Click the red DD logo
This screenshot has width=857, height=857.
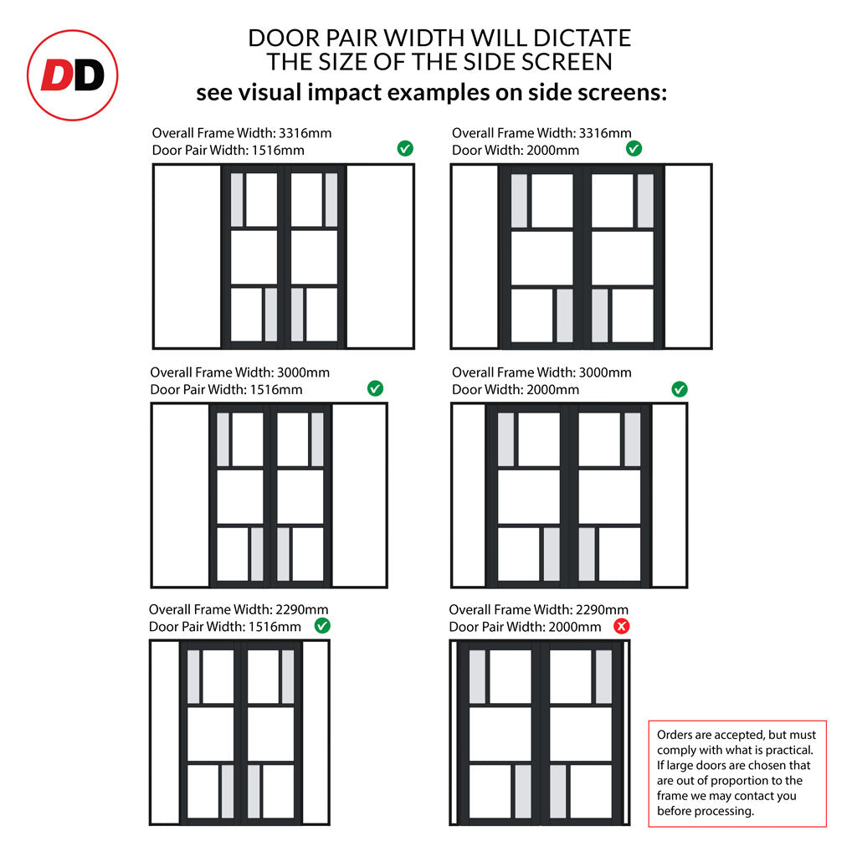[73, 75]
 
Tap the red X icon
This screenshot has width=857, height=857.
[622, 626]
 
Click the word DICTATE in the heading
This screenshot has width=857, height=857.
[582, 38]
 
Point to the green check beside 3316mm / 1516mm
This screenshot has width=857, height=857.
[405, 148]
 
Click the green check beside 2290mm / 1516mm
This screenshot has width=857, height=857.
[322, 626]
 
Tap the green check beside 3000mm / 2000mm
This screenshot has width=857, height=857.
[680, 389]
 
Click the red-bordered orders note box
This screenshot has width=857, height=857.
[737, 773]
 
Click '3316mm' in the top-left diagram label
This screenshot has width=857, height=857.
[305, 133]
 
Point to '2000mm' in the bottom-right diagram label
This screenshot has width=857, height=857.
[574, 626]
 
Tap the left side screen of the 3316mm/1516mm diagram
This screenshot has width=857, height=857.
[187, 256]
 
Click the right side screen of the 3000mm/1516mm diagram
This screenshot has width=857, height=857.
[358, 495]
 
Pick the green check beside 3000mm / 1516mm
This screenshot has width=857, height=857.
[375, 388]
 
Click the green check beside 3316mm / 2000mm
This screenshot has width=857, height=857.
[634, 148]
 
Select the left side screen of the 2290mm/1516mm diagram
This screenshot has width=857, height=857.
[166, 732]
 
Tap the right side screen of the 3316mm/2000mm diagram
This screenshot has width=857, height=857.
[688, 256]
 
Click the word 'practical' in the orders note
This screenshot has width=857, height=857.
[789, 750]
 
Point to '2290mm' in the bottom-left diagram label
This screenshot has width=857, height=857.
[301, 609]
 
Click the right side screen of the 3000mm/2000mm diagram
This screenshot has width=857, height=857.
[669, 495]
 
